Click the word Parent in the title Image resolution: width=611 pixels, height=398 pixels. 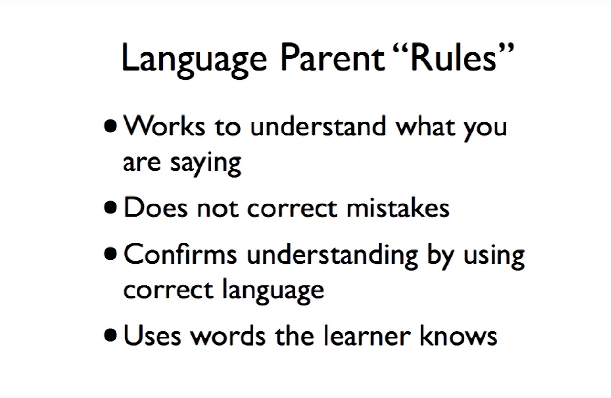[x=333, y=58]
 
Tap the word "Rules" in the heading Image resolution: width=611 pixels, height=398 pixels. [x=454, y=57]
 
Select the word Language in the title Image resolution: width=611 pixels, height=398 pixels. [x=194, y=61]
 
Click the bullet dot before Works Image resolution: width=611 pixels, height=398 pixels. [x=110, y=126]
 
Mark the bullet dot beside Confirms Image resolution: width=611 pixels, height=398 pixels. [x=110, y=254]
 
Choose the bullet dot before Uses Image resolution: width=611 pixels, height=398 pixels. [x=110, y=335]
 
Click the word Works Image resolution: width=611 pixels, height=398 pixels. [x=164, y=125]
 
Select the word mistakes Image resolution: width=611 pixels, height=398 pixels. [x=398, y=207]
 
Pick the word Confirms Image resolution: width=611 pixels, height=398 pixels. [x=180, y=254]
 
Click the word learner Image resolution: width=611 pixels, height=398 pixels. [x=367, y=335]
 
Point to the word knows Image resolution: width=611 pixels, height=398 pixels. [x=459, y=335]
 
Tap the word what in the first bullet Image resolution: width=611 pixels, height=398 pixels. [x=426, y=125]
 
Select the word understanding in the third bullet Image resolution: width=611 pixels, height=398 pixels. [x=333, y=256]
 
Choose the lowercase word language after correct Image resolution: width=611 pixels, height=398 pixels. [x=274, y=291]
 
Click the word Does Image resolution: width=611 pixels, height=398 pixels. [x=156, y=207]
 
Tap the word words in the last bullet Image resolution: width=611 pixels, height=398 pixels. [x=228, y=335]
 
